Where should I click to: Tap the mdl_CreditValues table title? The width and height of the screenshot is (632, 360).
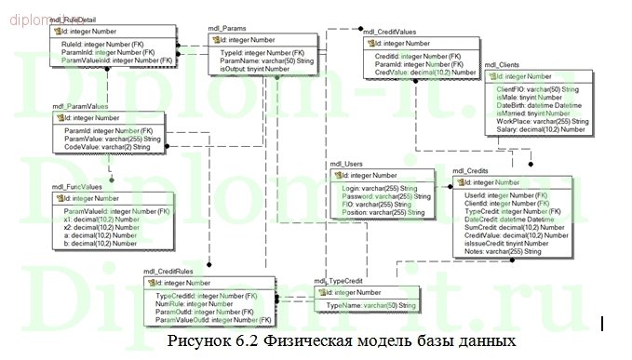[x=390, y=32]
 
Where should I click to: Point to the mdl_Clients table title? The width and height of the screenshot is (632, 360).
[x=504, y=64]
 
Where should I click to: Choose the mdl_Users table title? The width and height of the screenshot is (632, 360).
[x=347, y=164]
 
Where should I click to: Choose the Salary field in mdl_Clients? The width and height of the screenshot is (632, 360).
[x=541, y=129]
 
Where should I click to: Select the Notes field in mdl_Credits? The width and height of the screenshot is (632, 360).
[x=504, y=251]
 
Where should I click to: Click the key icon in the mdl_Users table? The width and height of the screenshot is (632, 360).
[x=337, y=175]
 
